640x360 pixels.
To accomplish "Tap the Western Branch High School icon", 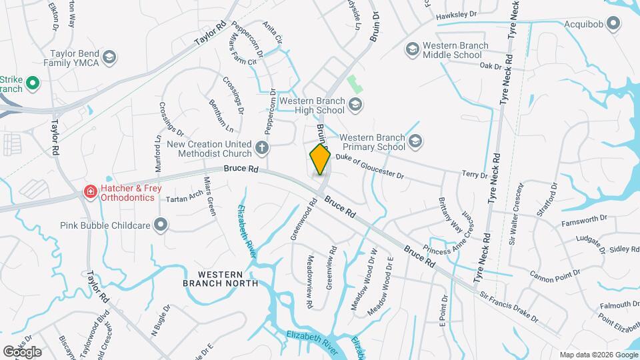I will (x=355, y=104).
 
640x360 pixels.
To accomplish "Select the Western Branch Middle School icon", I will (x=412, y=50).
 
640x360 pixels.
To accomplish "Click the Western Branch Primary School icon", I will (x=416, y=141).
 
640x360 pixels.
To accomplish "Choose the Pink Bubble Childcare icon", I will (x=161, y=225).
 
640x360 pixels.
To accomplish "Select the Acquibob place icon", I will (x=615, y=24).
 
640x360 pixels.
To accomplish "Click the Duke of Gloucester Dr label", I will (x=369, y=166).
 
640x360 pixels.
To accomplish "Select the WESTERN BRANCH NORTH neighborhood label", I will (x=220, y=278).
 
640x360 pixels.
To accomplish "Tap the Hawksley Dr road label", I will (x=457, y=14).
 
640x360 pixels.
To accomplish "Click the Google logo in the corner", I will (x=22, y=351).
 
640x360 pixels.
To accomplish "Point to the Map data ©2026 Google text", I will (x=598, y=355).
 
